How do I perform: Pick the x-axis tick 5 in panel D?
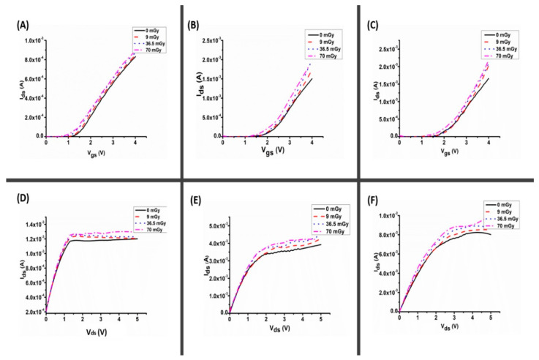tap(137, 319)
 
